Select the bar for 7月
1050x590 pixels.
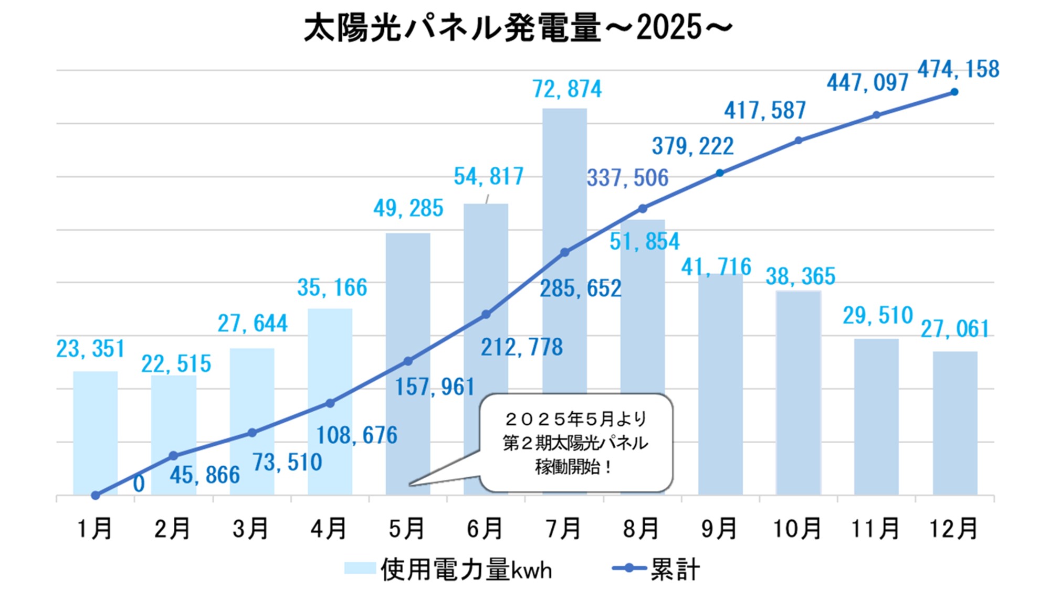click(x=564, y=184)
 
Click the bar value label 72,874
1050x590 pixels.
click(x=567, y=90)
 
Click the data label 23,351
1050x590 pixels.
click(x=90, y=349)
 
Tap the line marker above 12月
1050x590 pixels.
click(x=954, y=92)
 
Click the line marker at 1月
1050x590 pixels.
click(x=95, y=495)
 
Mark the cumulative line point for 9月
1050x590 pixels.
click(x=720, y=173)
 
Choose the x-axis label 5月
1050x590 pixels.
click(x=406, y=529)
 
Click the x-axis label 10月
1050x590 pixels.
click(x=797, y=529)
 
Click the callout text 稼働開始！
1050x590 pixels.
click(x=573, y=466)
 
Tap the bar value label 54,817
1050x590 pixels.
click(x=489, y=177)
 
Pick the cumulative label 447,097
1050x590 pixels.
click(x=867, y=83)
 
